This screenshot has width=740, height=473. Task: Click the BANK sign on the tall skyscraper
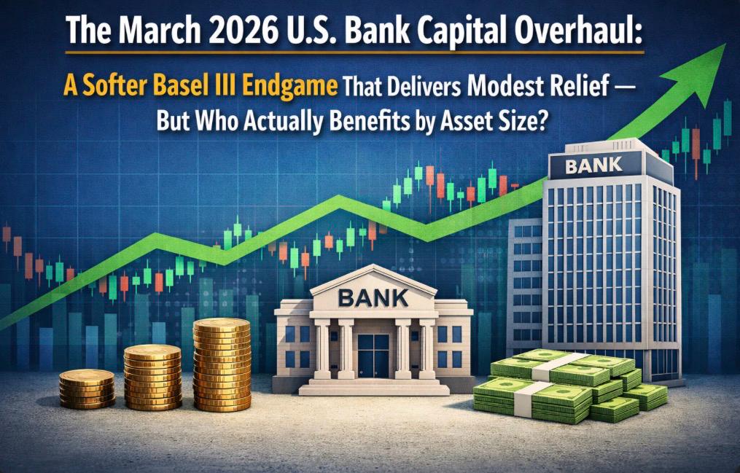pos(593,165)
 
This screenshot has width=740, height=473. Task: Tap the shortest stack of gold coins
pos(87,388)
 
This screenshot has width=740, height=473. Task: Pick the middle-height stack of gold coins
pos(152,377)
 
